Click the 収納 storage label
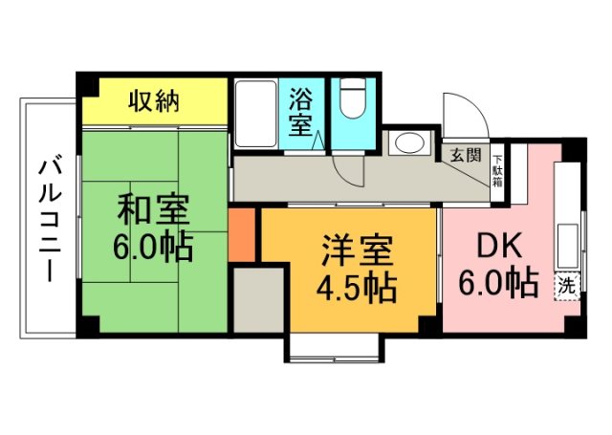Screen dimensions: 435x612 point(155,100)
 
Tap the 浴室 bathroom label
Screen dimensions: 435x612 point(302,113)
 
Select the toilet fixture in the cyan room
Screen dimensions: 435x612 point(353,99)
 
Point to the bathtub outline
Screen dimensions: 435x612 point(255,113)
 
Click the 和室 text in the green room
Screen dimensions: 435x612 point(154,209)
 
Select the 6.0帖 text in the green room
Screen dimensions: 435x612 point(153,248)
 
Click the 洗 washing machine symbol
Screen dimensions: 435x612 point(567,285)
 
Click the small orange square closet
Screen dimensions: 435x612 point(244,236)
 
